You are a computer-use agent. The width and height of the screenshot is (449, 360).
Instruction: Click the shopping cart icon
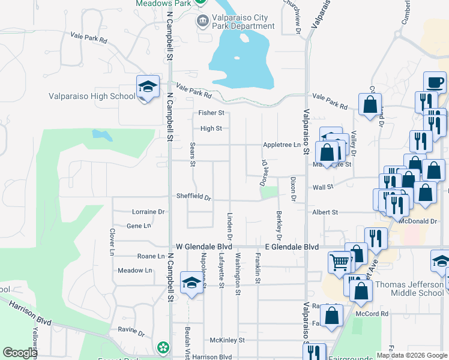click(x=340, y=262)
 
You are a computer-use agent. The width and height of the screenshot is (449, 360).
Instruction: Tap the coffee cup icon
click(x=434, y=82)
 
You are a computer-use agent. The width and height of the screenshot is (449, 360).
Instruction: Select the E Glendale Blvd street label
click(x=292, y=247)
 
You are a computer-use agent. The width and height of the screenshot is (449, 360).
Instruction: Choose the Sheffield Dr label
click(x=194, y=197)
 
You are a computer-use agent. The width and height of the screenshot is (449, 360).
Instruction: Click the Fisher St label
click(x=211, y=113)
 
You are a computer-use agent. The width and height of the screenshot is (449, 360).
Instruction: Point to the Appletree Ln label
click(x=281, y=145)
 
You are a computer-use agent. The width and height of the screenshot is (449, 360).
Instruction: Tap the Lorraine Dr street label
click(x=148, y=212)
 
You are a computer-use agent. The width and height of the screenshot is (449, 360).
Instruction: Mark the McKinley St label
click(x=228, y=340)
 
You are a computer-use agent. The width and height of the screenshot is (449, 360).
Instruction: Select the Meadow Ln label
click(x=135, y=271)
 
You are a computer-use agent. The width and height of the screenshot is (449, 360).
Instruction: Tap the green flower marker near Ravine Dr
click(x=163, y=347)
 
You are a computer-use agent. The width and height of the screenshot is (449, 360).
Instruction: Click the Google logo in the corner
click(x=20, y=353)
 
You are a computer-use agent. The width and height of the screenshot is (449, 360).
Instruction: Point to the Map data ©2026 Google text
click(x=411, y=355)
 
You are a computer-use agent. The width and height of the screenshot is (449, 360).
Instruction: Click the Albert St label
click(x=325, y=212)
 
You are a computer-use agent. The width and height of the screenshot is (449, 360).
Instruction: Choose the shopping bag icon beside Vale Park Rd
click(x=370, y=104)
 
